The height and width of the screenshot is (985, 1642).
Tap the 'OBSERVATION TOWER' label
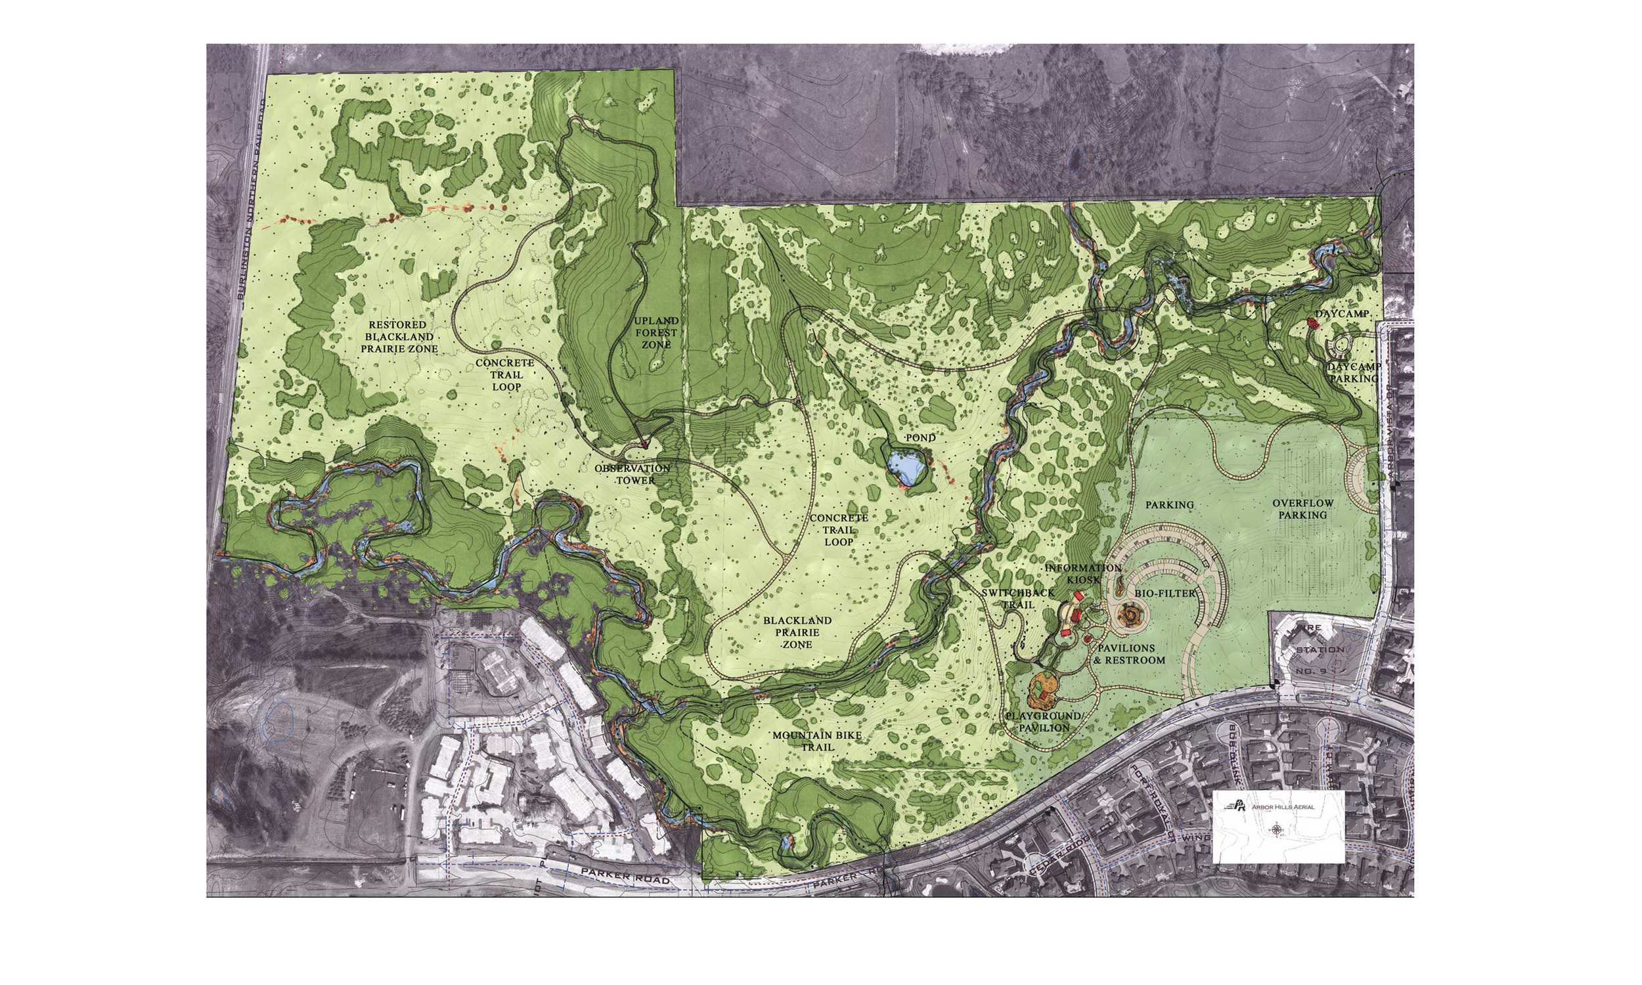click(632, 474)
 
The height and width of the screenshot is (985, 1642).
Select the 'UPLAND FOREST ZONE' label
click(655, 332)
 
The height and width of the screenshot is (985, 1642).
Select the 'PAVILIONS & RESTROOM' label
click(1130, 653)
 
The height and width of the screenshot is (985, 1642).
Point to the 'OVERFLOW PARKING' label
click(1302, 509)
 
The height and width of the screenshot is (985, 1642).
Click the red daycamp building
click(1311, 322)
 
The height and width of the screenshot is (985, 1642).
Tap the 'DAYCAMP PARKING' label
click(1354, 372)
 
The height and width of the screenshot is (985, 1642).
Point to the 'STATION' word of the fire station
click(1320, 649)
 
